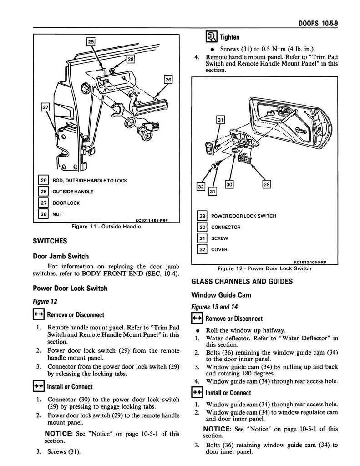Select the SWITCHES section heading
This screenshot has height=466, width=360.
(50, 241)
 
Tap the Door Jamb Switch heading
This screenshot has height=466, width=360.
(61, 256)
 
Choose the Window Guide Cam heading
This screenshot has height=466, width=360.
(221, 295)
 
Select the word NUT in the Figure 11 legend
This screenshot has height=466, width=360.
(58, 214)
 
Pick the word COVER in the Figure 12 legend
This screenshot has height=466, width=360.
(219, 249)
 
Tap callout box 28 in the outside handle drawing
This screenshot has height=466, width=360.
(131, 59)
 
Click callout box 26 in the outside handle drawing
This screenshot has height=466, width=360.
(168, 80)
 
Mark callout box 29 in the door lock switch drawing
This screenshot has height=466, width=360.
(267, 184)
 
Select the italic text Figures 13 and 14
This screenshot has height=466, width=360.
(214, 307)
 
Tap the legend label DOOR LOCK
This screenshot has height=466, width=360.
(66, 203)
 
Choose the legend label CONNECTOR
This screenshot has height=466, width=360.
(226, 227)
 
